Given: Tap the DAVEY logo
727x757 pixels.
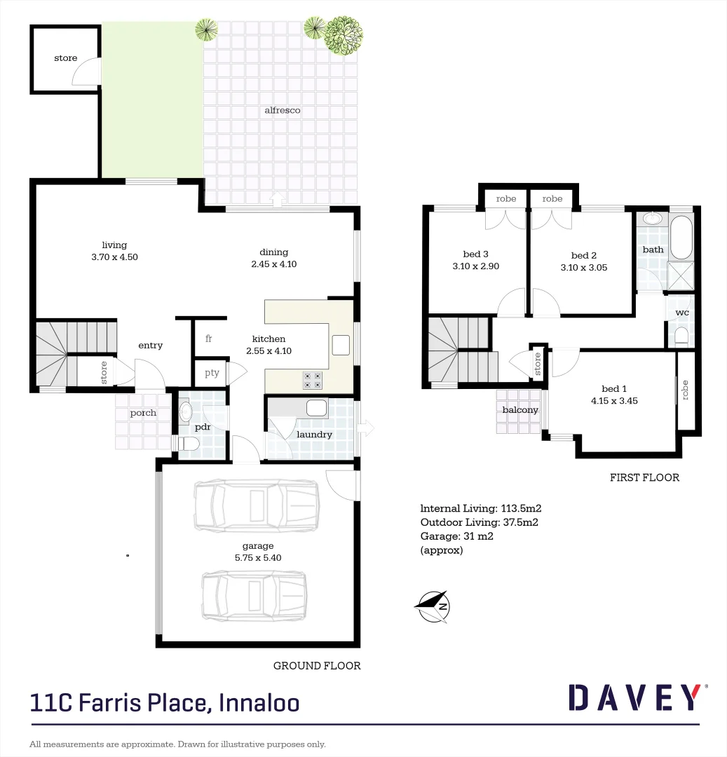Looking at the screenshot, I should [634, 697].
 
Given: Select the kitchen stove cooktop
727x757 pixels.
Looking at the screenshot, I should [312, 380].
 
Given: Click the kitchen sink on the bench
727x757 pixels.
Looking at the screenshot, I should [341, 345].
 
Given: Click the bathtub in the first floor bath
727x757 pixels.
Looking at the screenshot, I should [680, 238].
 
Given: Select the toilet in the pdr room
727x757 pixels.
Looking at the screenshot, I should [187, 444].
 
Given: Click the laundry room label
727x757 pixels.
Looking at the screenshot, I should [314, 435].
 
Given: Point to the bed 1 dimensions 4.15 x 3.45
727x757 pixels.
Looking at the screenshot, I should [613, 402].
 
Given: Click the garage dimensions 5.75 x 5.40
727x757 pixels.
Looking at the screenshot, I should [259, 558].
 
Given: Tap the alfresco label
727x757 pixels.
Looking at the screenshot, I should [283, 111].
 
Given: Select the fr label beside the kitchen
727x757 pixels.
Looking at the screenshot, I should [209, 339].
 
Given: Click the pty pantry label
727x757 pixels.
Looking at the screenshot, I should [212, 373].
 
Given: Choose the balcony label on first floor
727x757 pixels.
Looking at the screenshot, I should [520, 410].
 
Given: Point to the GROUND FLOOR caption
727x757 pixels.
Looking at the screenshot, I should [317, 666].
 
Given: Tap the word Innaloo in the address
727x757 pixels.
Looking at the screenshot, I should [259, 702].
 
